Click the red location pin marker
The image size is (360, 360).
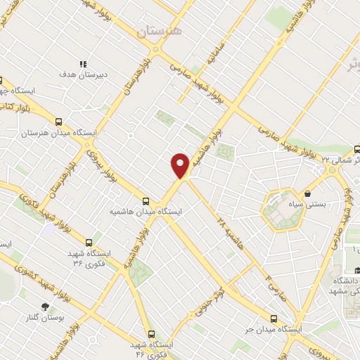tap(180, 165)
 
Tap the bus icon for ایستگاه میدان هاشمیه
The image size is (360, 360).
tap(146, 200)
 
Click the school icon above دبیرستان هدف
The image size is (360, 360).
tap(83, 63)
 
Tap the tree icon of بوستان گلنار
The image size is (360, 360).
tap(46, 307)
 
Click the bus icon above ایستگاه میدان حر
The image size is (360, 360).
tap(274, 318)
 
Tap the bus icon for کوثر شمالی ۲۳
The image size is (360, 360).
tap(356, 148)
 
